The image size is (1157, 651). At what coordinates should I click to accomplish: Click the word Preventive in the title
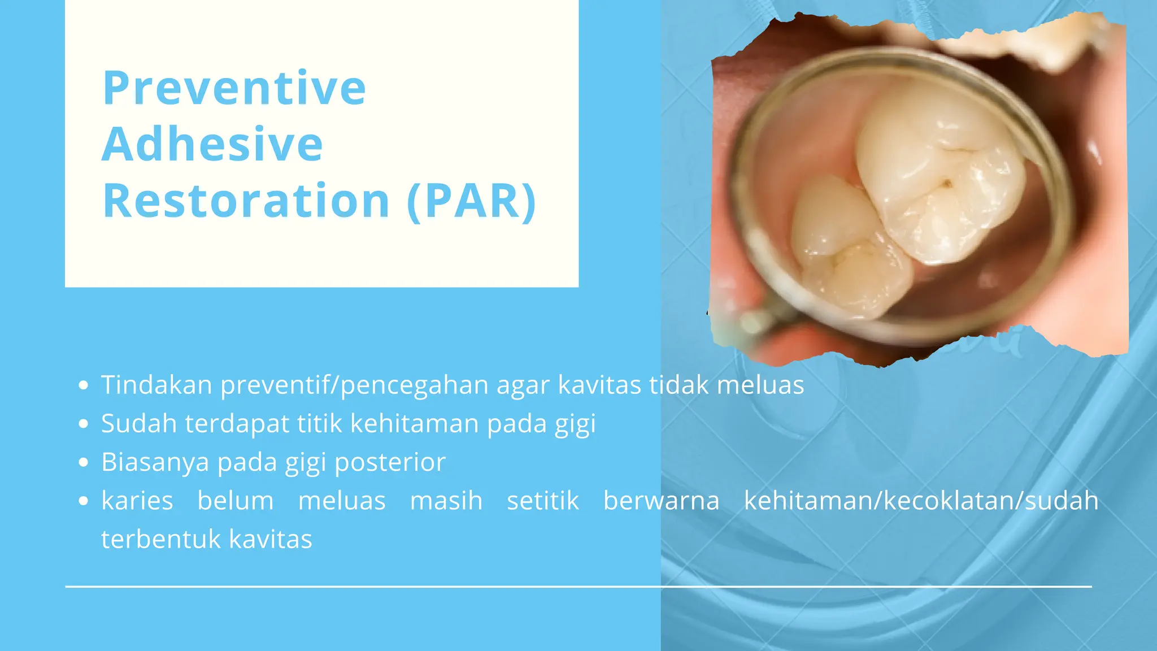(x=234, y=88)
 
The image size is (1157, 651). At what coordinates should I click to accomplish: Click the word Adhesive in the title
(x=212, y=145)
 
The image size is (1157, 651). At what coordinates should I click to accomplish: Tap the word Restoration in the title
(x=246, y=201)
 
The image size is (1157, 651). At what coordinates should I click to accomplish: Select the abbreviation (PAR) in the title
(x=471, y=201)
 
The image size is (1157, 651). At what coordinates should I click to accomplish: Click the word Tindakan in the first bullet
(x=156, y=385)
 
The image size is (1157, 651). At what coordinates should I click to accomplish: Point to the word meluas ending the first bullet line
(x=760, y=385)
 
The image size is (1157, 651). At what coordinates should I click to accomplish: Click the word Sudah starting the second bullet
(x=138, y=424)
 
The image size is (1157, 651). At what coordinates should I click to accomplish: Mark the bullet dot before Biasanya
(x=84, y=463)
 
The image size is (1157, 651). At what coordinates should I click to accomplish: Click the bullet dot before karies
(x=84, y=501)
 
